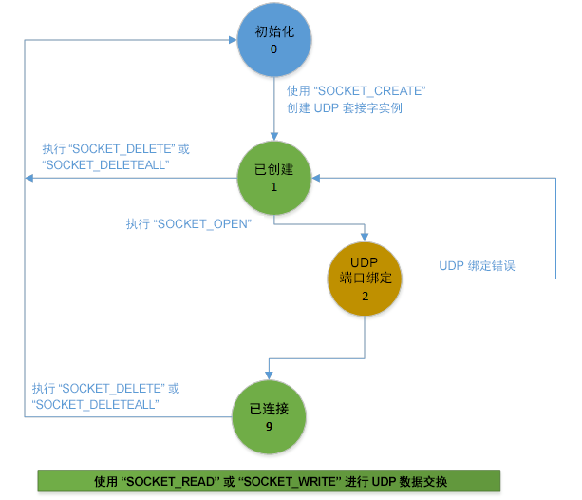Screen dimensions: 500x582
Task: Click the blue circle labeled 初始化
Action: click(x=272, y=41)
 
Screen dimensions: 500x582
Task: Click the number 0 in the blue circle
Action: click(x=273, y=50)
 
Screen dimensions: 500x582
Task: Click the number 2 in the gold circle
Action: click(x=366, y=297)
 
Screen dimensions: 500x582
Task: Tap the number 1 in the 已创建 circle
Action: click(x=273, y=188)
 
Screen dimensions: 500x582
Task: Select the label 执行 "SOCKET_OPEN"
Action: click(x=187, y=224)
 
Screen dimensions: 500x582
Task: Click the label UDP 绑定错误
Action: click(x=483, y=265)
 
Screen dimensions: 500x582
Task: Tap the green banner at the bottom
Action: click(x=268, y=479)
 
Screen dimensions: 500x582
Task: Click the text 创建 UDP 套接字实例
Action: click(x=344, y=107)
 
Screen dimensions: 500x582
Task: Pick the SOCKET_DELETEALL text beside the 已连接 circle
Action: click(x=95, y=404)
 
